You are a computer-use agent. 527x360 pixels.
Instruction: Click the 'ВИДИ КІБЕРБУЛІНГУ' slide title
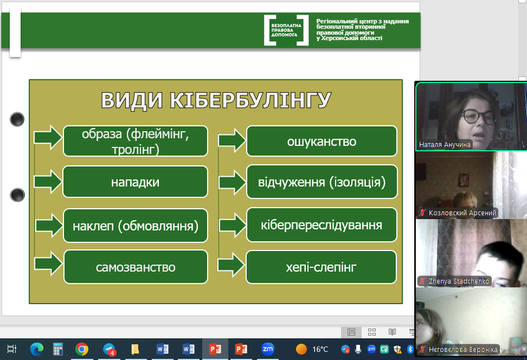(216, 100)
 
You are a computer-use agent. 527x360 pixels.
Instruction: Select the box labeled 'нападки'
(135, 182)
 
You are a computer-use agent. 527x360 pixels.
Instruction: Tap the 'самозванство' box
(136, 267)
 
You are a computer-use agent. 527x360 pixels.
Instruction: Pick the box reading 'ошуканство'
(322, 141)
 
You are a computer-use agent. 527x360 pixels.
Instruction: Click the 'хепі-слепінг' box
(321, 267)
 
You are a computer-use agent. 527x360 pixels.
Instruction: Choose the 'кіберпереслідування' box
(322, 225)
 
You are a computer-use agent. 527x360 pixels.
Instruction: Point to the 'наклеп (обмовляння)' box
(136, 226)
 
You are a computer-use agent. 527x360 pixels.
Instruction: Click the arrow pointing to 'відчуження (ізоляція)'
(232, 183)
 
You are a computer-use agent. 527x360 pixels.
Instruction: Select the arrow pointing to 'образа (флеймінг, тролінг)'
(48, 137)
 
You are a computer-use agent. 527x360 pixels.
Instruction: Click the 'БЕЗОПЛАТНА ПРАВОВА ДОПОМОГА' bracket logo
(286, 30)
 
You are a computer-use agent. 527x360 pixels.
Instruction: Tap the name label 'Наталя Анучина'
(445, 145)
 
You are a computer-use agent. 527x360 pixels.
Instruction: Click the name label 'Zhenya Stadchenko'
(459, 281)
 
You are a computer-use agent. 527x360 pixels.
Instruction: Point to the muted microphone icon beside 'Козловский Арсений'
(422, 213)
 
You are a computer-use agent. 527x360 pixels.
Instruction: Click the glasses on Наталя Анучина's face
(479, 117)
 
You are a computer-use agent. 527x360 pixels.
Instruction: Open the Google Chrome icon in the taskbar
(82, 349)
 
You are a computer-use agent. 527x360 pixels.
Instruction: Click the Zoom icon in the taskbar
(267, 349)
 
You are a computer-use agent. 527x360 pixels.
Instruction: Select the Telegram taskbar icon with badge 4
(109, 350)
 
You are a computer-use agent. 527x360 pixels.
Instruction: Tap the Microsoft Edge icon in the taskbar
(37, 349)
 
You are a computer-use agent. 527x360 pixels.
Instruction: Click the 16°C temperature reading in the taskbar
(320, 349)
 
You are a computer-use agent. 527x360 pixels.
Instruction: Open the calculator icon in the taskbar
(58, 349)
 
